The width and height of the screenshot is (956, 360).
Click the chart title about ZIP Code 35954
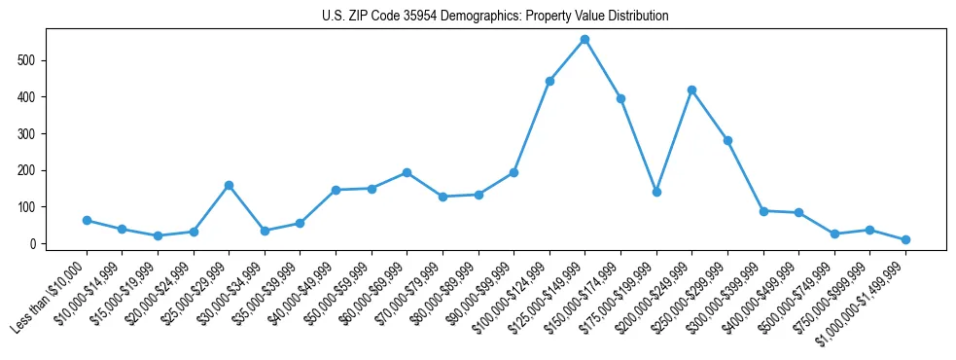(495, 17)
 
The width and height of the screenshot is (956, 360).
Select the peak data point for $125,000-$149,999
(584, 40)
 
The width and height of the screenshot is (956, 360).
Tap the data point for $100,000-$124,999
(549, 81)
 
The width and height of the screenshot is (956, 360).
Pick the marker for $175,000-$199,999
(656, 192)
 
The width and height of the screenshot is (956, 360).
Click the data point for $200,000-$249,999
(691, 90)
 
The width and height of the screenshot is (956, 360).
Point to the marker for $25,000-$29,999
(229, 185)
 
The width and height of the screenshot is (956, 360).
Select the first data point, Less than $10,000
(87, 220)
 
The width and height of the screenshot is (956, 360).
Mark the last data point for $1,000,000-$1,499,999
(905, 239)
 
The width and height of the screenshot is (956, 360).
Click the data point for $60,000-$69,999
(407, 172)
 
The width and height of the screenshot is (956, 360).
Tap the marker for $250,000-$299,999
(727, 140)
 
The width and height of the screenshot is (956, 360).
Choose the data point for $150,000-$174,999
(620, 98)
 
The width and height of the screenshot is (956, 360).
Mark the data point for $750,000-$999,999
(869, 230)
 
